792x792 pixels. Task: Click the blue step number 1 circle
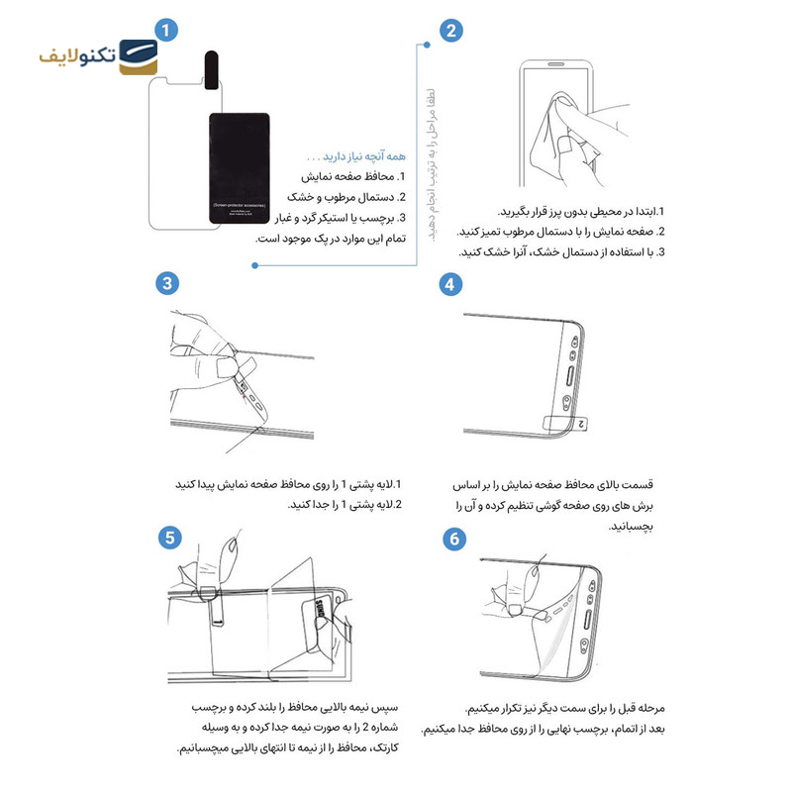167,30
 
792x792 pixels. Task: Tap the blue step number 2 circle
451,30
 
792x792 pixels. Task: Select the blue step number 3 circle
167,283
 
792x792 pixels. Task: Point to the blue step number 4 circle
451,283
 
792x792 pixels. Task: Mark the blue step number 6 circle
454,539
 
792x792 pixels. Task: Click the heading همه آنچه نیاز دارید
354,156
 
